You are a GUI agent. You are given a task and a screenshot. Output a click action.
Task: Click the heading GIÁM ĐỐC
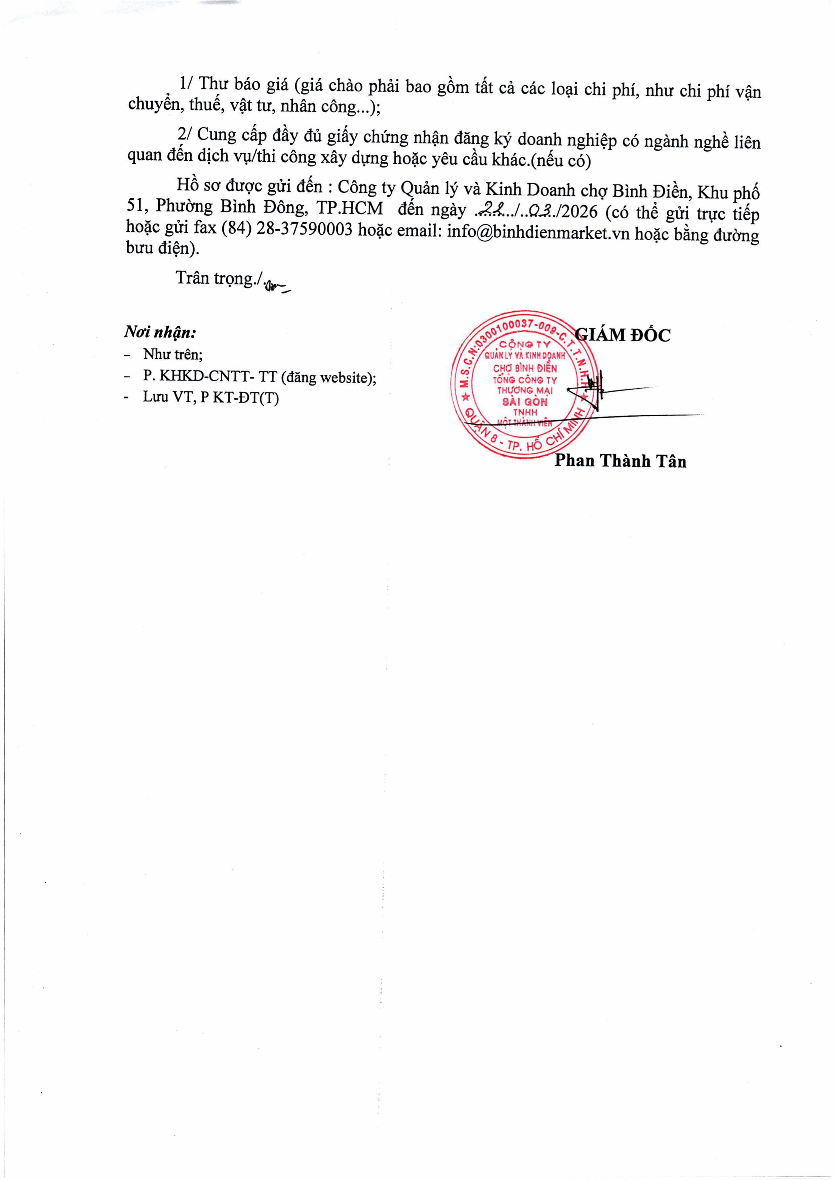(623, 335)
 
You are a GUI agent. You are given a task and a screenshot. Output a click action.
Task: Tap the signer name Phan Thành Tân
(620, 461)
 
